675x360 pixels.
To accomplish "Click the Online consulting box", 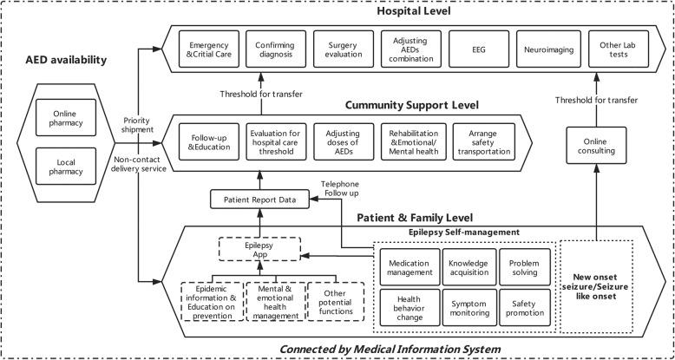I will (596, 142).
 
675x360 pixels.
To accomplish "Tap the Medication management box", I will (409, 267).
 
